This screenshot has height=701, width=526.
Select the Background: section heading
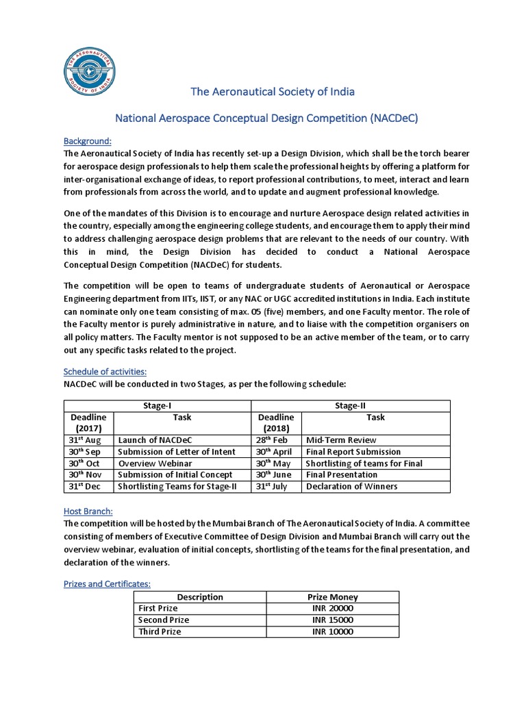(87, 140)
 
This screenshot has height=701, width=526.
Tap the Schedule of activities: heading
(105, 371)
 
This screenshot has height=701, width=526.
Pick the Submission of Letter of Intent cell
(177, 452)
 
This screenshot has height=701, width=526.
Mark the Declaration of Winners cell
(351, 487)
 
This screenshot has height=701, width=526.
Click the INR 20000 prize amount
(333, 609)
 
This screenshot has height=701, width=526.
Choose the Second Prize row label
(164, 620)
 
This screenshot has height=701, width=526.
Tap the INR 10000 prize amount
(333, 632)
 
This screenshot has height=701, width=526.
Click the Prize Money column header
(333, 597)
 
